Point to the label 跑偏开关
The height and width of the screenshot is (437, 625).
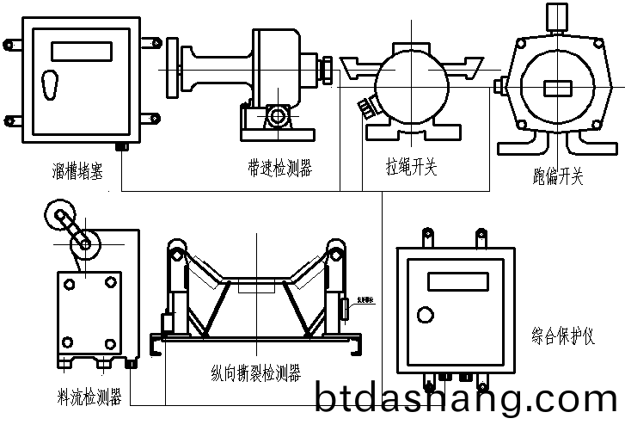(x=558, y=177)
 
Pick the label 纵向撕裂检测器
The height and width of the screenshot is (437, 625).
(x=255, y=373)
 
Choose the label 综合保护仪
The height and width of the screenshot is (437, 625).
(x=563, y=335)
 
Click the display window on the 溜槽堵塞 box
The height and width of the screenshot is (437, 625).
(x=82, y=51)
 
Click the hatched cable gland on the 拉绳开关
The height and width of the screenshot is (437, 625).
(x=367, y=106)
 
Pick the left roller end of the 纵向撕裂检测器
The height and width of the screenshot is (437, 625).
(x=175, y=250)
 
